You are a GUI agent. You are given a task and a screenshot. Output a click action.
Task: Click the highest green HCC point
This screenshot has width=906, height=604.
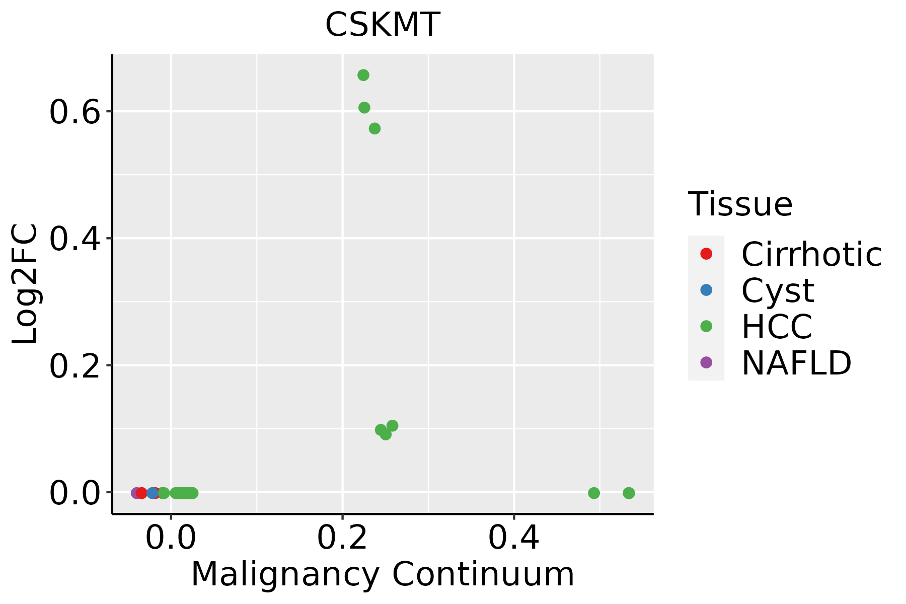point(363,75)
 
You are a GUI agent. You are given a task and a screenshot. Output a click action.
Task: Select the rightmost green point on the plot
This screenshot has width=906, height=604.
point(629,493)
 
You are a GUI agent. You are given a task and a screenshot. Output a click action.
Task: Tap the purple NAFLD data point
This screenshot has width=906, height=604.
point(136,493)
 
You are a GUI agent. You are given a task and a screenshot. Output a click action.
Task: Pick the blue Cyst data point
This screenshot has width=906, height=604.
point(153,493)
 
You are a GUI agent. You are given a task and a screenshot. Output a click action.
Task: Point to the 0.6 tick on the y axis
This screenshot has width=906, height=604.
point(75,112)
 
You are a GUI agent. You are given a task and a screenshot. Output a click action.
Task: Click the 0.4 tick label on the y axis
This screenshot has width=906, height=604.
point(75,239)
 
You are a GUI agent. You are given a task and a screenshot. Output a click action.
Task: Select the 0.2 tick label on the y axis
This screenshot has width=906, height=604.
point(75,366)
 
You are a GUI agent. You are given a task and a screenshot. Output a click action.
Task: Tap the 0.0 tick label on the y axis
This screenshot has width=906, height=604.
point(75,493)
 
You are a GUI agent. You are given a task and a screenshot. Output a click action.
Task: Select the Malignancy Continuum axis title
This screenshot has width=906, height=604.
point(383,574)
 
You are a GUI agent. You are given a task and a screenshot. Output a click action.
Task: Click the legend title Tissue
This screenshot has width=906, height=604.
point(740,204)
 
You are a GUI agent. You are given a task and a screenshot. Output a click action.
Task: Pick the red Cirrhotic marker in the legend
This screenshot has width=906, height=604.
point(706,254)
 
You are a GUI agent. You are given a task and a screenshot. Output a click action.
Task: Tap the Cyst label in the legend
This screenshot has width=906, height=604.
point(778,290)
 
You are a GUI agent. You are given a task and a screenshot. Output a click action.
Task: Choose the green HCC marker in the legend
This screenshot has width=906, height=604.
point(706,326)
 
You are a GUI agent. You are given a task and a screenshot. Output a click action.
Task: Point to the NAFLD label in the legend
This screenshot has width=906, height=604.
point(796,363)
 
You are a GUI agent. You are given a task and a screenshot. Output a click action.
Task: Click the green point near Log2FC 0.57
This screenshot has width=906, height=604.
point(374,129)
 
